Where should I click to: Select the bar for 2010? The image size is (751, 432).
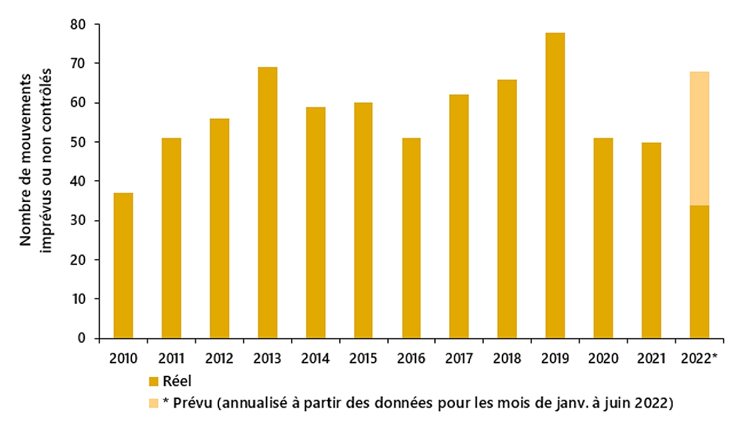point(123,266)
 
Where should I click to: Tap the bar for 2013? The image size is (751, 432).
point(267,203)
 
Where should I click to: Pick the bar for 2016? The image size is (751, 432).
point(411,238)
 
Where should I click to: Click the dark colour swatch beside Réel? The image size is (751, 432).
point(153,381)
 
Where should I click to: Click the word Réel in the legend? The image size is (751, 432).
point(176,381)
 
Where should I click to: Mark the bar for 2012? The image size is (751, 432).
point(219,228)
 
